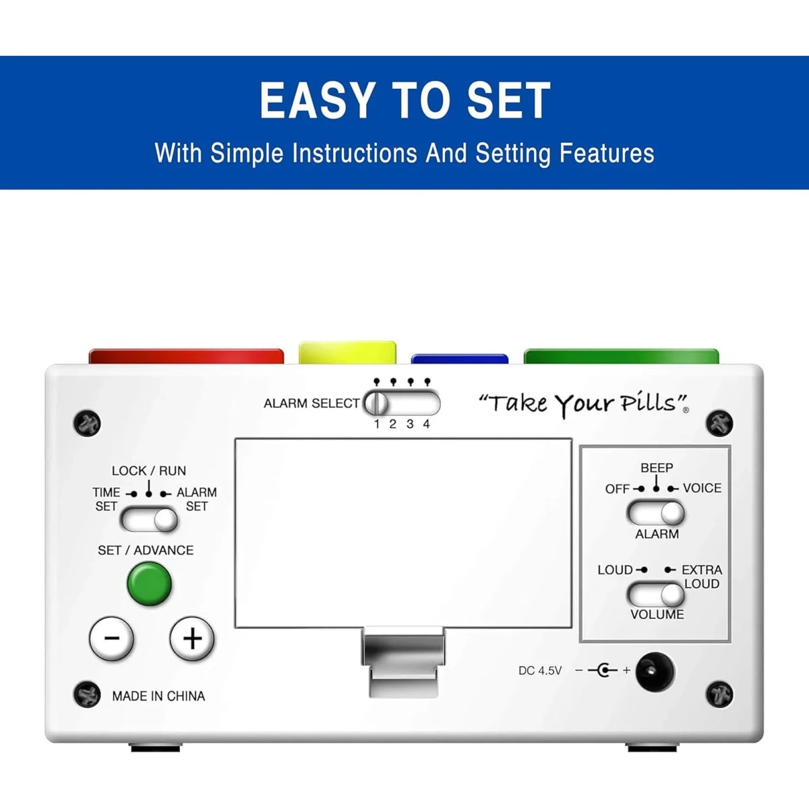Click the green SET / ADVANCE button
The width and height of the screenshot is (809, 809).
149,584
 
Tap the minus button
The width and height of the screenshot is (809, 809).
112,638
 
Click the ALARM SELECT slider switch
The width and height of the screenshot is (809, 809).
402,404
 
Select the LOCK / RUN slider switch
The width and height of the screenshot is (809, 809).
149,520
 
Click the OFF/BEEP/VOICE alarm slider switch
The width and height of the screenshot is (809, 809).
655,513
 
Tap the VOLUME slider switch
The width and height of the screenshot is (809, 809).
655,595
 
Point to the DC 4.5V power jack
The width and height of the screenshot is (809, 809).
655,671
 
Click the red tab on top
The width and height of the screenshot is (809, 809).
186,356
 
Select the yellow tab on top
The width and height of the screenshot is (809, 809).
347,353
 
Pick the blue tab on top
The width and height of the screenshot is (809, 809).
459,359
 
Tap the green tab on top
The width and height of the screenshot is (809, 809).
621,356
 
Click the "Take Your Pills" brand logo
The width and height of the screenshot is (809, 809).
584,404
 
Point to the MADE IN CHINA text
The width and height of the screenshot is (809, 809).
158,696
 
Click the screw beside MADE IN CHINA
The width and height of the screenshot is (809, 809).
87,694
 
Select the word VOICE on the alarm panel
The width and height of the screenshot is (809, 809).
702,488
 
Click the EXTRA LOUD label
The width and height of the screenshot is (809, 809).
702,577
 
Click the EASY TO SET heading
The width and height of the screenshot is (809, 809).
404,100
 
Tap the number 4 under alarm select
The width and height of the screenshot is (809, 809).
427,424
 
